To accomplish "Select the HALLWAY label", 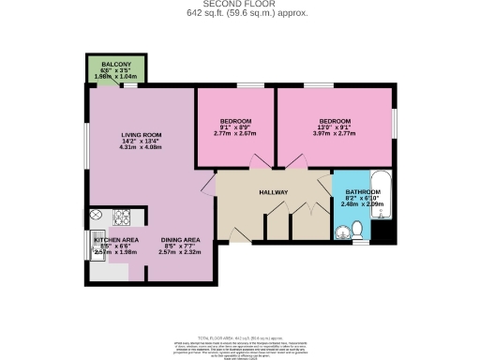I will coord(273,192).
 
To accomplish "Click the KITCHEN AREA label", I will coord(116,240).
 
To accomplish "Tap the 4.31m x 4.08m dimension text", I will coord(142,147).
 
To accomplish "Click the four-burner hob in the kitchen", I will coord(122,218).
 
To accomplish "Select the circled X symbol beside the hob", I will coord(97,216).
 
